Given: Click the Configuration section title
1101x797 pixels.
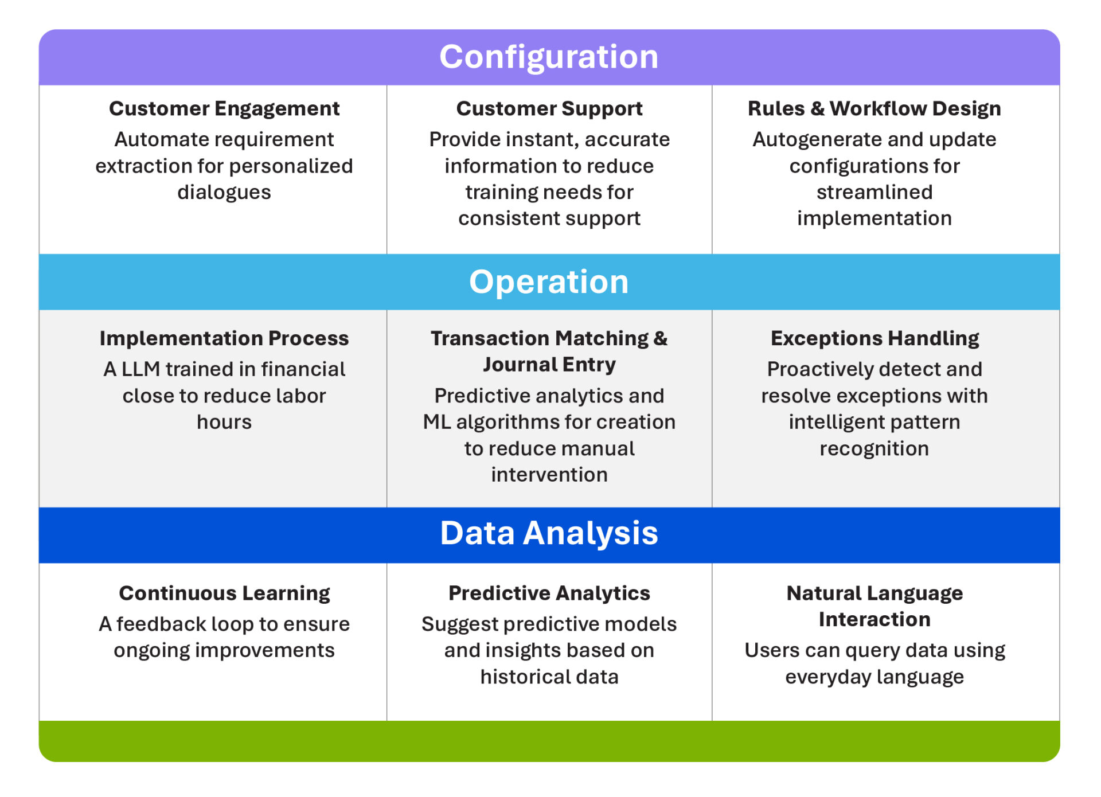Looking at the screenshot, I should point(549,57).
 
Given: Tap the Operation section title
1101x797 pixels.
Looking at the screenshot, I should point(549,282).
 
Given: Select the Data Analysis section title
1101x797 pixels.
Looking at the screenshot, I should point(549,533).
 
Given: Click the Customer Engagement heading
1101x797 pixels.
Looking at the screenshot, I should point(224,108).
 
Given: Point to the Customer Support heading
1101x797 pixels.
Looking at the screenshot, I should point(549,108).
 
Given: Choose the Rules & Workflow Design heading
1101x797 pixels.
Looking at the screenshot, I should point(874,108).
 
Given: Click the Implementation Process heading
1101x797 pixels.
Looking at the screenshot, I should point(224,338).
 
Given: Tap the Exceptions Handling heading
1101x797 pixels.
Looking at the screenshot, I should point(874,338).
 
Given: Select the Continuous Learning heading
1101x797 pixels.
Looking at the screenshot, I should point(224,593).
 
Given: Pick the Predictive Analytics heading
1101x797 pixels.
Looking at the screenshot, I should point(549,593).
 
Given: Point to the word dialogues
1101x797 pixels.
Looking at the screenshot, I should point(224,193).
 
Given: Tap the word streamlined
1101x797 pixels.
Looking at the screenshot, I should point(874,192).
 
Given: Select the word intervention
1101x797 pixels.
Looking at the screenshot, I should point(549,475).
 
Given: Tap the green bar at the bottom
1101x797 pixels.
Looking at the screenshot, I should point(549,741).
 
